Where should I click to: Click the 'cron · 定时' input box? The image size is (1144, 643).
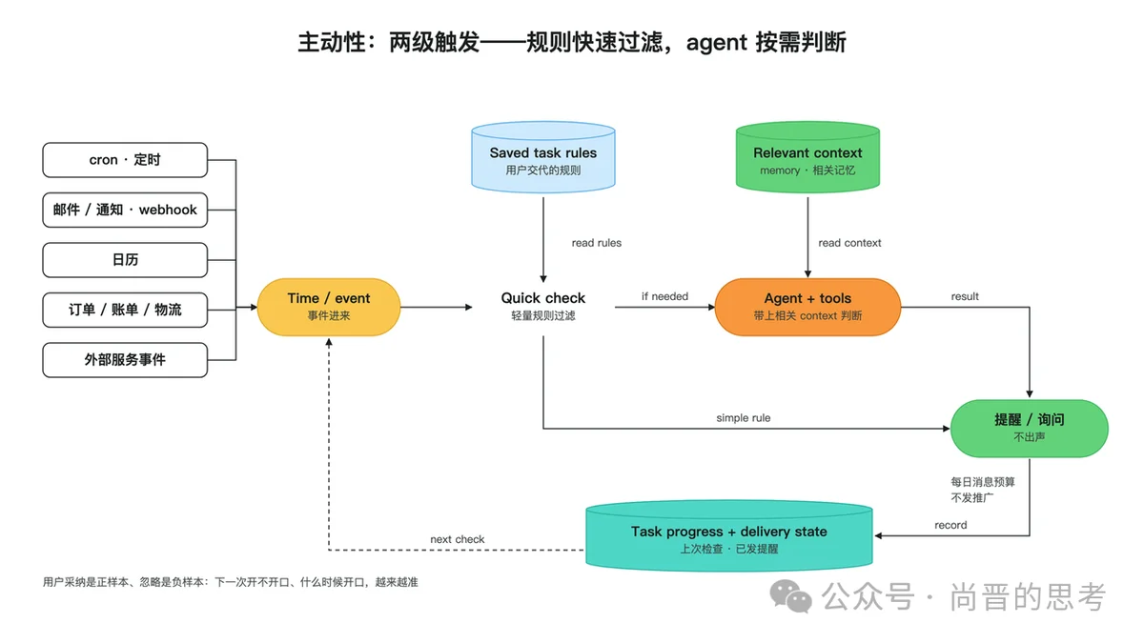125,160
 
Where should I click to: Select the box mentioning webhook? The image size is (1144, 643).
125,210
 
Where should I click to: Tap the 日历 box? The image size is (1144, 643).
125,260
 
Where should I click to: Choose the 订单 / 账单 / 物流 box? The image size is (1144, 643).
125,310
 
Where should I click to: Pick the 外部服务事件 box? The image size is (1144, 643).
125,360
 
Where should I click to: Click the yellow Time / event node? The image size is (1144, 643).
329,307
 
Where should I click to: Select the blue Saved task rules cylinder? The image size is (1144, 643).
542,157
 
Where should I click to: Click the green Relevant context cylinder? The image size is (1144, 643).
807,157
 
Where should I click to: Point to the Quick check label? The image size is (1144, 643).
542,298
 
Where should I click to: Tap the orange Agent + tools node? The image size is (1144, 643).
807,307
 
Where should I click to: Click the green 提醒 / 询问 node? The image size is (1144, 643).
1029,428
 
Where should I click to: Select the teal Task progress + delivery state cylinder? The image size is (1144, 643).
728,535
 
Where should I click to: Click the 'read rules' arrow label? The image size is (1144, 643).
597,243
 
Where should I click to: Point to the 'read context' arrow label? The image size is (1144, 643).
849,243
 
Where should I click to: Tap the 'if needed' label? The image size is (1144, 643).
665,296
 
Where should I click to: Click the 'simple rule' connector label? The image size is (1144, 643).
743,418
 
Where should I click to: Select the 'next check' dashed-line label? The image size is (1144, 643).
457,539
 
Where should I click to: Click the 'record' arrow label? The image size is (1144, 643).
950,525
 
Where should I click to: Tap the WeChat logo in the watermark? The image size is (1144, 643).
790,596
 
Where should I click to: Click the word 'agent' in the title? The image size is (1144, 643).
717,43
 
